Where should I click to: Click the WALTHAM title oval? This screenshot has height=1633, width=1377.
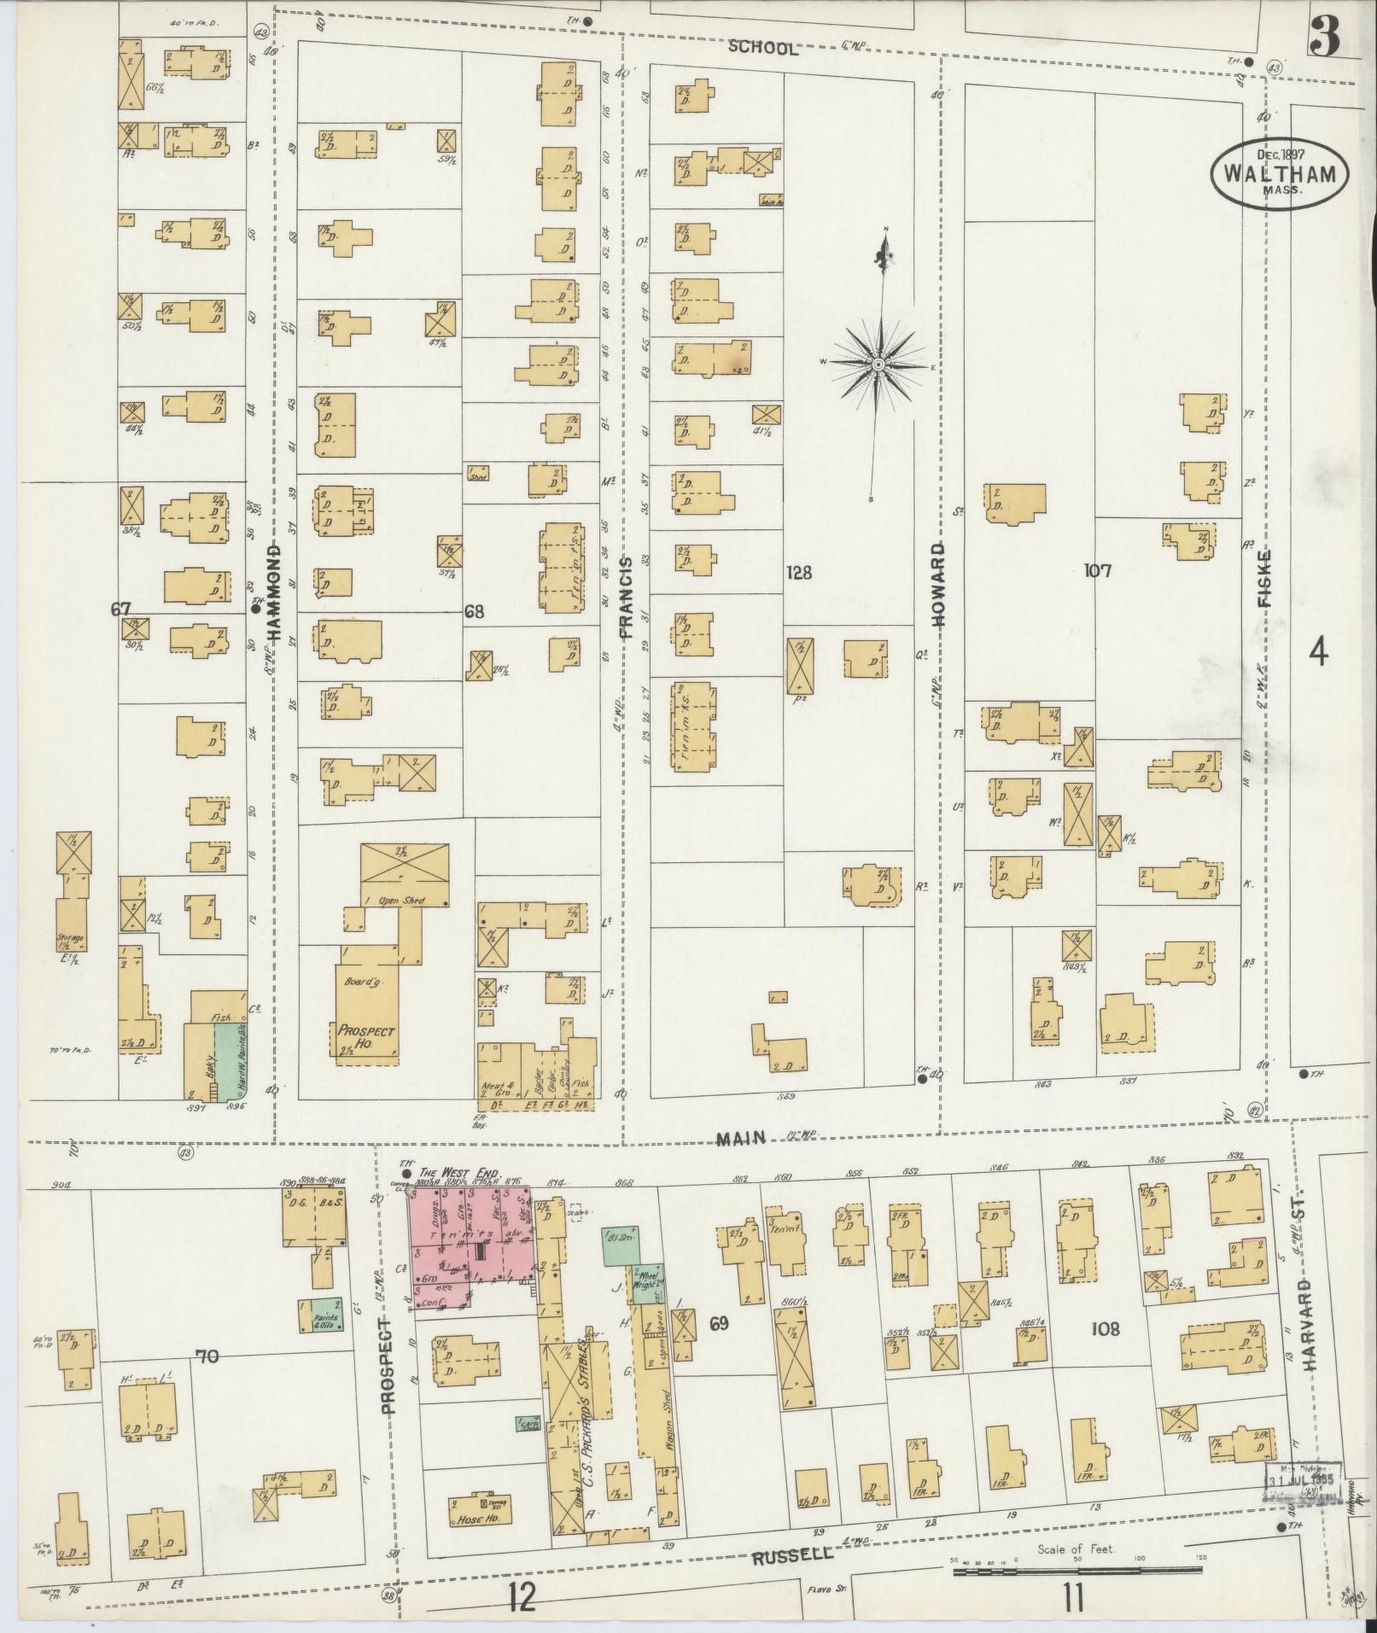click(1280, 172)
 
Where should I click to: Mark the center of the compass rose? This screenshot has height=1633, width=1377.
click(878, 365)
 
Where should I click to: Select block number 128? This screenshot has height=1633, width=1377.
click(799, 573)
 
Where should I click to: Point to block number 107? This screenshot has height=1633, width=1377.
click(1096, 571)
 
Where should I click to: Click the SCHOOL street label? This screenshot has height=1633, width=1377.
click(763, 49)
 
